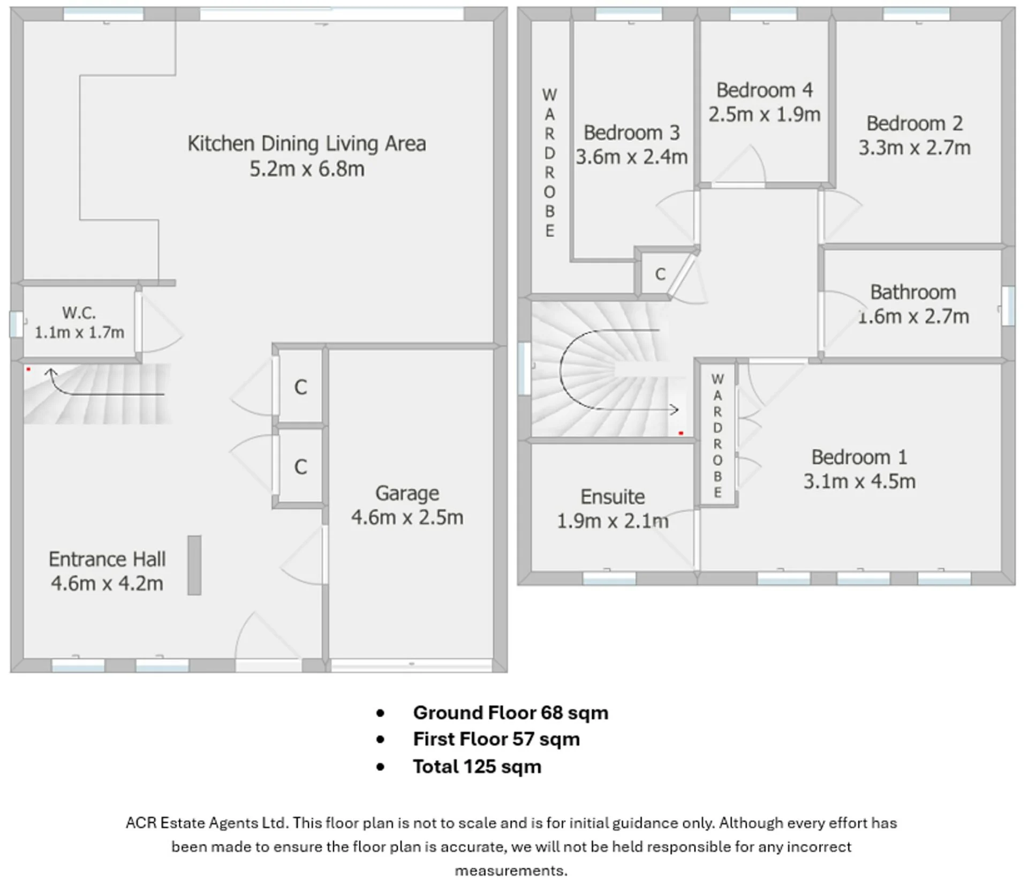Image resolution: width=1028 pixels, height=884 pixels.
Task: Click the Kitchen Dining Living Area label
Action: point(307,143)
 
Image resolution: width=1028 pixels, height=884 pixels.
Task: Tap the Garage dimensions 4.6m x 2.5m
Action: point(407,517)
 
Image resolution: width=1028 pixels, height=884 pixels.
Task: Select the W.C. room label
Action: point(79,312)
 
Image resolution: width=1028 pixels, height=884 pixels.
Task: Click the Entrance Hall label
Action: point(107,559)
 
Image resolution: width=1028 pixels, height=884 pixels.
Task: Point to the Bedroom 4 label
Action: point(765,90)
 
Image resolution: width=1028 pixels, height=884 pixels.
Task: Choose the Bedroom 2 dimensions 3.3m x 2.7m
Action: point(914,148)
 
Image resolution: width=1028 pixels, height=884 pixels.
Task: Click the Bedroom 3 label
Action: point(632,132)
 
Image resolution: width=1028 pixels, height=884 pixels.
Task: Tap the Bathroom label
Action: point(913,292)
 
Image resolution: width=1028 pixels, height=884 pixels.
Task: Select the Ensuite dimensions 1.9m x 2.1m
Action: point(613,521)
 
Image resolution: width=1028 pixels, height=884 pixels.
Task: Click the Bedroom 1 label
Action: point(859,457)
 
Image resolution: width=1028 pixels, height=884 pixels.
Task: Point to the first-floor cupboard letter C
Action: point(660,274)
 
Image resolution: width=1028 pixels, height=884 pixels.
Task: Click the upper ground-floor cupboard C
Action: point(301,387)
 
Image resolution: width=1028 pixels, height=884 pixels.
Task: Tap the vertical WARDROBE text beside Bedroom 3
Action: point(549,163)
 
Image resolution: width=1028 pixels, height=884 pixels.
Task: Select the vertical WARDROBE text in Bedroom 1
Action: point(717,436)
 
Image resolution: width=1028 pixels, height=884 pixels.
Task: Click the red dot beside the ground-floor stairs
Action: point(28,369)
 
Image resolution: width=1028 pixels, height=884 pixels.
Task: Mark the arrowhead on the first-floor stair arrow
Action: point(675,410)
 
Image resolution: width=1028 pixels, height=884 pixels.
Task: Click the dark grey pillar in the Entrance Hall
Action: point(194,565)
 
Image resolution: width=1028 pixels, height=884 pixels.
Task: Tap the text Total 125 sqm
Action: point(477,767)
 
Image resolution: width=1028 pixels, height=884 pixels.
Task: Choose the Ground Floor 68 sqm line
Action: point(511,713)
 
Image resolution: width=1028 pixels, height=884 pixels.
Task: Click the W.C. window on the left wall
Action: point(16,324)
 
